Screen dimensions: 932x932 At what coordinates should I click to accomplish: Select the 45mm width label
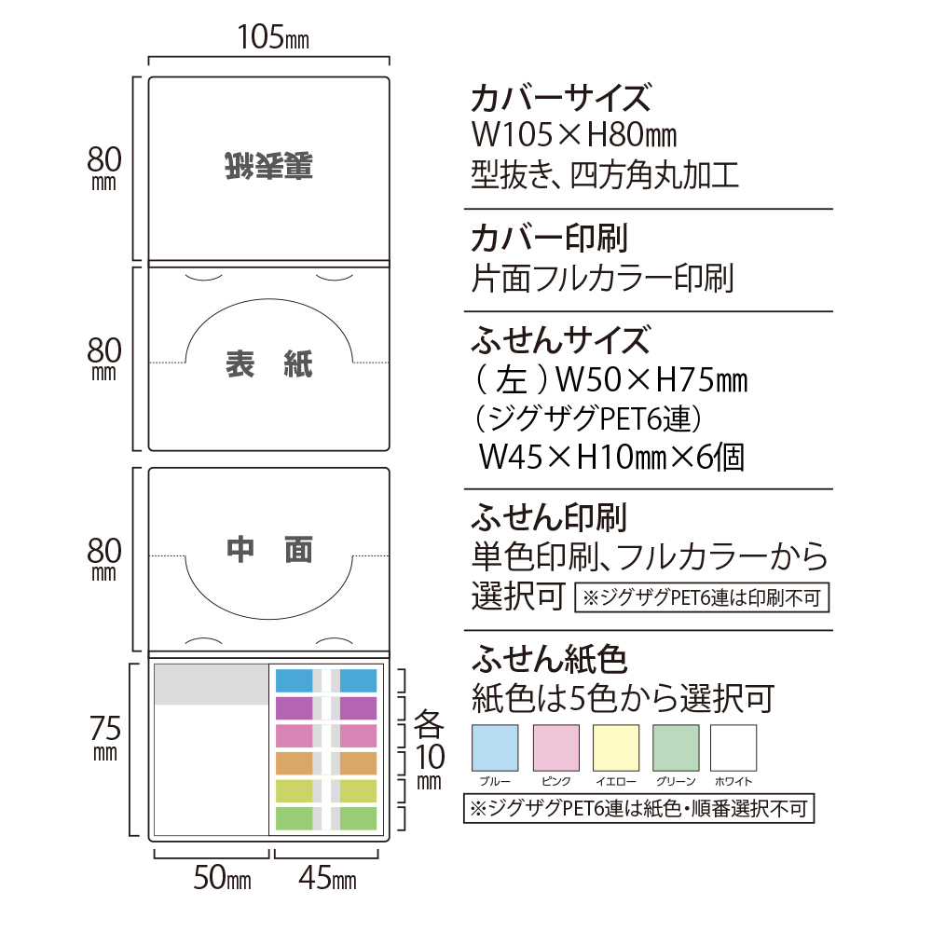pyautogui.click(x=327, y=879)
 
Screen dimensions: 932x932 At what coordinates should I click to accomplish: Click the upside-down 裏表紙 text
pyautogui.click(x=268, y=166)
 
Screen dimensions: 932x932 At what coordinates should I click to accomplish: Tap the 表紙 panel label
pyautogui.click(x=269, y=364)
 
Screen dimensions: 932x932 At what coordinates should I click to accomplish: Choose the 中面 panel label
pyautogui.click(x=269, y=550)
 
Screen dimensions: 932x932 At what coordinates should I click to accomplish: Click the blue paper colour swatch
pyautogui.click(x=496, y=747)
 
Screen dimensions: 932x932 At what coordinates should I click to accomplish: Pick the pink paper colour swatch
pyautogui.click(x=555, y=747)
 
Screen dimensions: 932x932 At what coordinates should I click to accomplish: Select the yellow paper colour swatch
pyautogui.click(x=615, y=747)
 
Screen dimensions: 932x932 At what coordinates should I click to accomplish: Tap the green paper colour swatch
pyautogui.click(x=676, y=747)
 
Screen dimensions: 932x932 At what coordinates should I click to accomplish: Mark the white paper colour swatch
pyautogui.click(x=733, y=747)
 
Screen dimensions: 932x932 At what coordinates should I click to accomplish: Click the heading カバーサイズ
pyautogui.click(x=559, y=98)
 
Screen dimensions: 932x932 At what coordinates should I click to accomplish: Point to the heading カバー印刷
pyautogui.click(x=549, y=238)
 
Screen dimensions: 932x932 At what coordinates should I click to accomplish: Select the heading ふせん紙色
pyautogui.click(x=549, y=659)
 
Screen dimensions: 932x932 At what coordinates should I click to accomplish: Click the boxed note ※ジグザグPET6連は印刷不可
pyautogui.click(x=702, y=597)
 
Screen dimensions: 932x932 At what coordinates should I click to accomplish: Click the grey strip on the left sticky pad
pyautogui.click(x=211, y=685)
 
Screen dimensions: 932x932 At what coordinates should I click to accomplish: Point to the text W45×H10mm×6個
pyautogui.click(x=610, y=457)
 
